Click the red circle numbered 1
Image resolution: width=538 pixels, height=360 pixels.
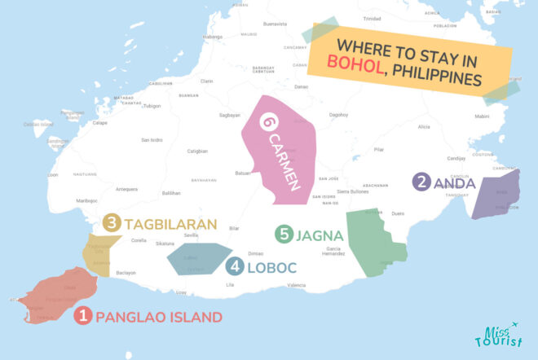point(82,316)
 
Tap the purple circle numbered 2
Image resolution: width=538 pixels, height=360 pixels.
point(421,182)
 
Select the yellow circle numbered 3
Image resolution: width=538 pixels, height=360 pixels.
point(112,223)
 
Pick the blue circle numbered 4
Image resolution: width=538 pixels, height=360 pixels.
point(236,266)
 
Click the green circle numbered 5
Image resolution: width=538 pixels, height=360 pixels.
point(284,235)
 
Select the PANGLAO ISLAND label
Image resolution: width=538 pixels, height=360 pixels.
point(158,317)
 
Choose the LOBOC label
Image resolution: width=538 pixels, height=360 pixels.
point(272,267)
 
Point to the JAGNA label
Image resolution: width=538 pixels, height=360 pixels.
point(320,235)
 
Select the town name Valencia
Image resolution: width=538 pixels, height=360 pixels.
point(296,285)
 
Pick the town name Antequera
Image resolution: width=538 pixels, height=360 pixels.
point(126,189)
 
